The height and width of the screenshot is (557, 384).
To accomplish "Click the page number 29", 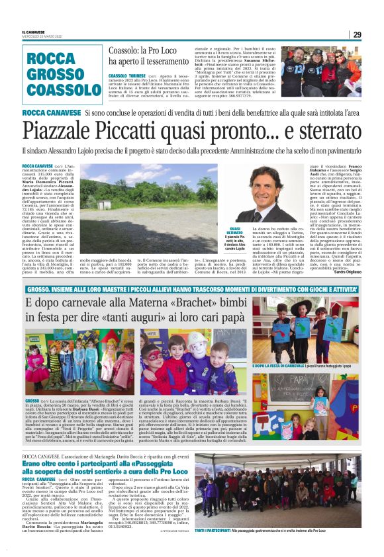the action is tap(357, 34).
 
